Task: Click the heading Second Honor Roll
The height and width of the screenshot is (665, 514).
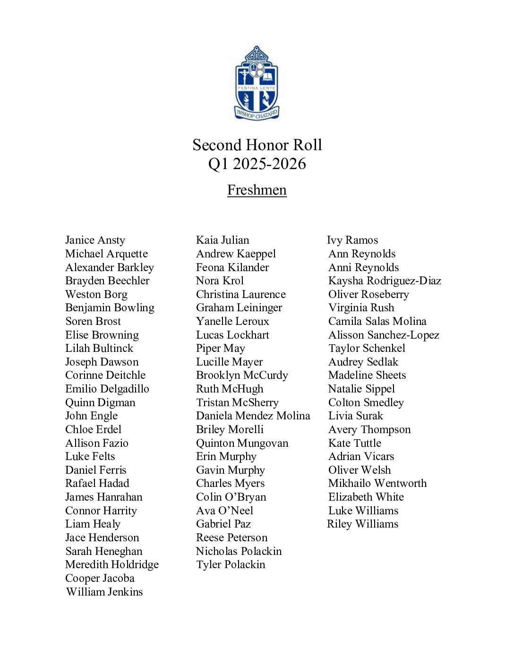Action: click(x=257, y=145)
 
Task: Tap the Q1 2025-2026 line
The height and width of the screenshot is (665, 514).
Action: click(x=257, y=164)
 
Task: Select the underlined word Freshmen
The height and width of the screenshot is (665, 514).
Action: click(x=257, y=190)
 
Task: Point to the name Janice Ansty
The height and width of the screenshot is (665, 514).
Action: click(x=95, y=240)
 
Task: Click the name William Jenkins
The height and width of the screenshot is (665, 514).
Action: click(x=104, y=592)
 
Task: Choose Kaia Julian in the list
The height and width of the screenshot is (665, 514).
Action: click(x=223, y=240)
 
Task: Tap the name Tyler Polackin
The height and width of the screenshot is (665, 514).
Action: click(x=231, y=565)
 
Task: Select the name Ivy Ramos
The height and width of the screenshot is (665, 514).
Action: click(x=352, y=240)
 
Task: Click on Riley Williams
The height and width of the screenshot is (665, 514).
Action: click(x=362, y=524)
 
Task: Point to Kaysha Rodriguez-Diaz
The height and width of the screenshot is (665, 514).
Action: click(x=385, y=281)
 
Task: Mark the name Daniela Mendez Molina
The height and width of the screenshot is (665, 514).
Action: click(x=253, y=416)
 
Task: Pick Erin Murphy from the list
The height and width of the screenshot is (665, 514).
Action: click(x=226, y=457)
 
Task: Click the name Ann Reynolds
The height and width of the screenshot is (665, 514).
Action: click(x=362, y=254)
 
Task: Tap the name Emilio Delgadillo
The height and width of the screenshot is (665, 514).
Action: click(x=107, y=389)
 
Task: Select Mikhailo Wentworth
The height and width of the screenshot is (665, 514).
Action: click(x=377, y=483)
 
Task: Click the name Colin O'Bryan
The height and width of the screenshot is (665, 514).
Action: click(x=231, y=497)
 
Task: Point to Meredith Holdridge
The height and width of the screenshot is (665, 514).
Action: click(x=112, y=564)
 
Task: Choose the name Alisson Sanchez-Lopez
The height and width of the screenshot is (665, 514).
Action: click(x=384, y=335)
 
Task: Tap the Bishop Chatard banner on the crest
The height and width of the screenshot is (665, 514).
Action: click(x=257, y=114)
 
